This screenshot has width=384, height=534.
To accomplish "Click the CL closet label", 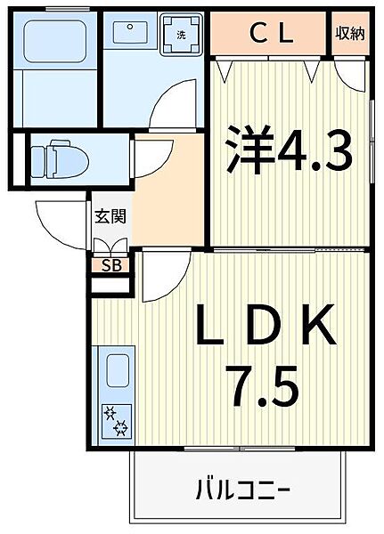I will [270, 35].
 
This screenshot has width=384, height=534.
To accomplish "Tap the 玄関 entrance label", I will [110, 216].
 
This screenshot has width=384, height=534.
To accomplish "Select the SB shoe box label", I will [111, 265].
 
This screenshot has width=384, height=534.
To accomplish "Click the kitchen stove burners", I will [116, 422].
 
